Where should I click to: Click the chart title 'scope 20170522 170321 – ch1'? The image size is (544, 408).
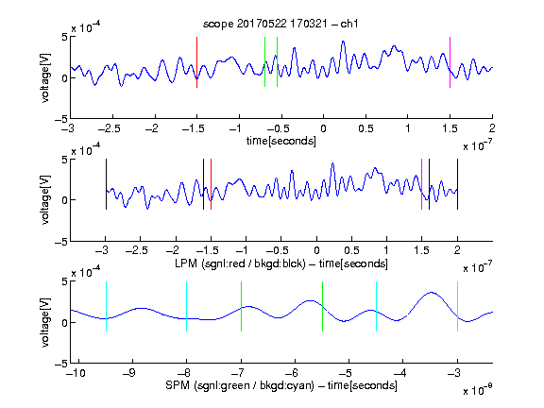280,24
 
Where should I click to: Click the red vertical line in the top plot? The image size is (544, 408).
196,62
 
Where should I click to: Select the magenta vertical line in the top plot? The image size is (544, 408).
450,62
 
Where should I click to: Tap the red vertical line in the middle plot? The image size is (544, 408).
211,184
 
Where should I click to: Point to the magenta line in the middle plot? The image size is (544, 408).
421,184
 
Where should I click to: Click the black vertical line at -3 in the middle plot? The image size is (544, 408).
106,184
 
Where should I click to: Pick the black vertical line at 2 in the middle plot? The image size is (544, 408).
457,184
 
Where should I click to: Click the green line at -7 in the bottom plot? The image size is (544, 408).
241,306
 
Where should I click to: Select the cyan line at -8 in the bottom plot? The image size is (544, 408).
187,306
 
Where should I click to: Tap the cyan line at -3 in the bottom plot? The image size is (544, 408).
457,306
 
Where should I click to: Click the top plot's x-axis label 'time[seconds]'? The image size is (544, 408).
281,141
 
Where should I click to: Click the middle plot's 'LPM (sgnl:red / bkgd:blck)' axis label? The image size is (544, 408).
240,263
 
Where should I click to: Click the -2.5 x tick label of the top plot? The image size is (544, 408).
110,128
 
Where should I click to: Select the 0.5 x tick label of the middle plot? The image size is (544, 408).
351,250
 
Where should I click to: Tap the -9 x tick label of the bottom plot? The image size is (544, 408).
129,373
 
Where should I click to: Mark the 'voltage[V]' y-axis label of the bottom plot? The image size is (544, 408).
45,322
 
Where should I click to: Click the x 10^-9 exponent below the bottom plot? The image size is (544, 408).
477,389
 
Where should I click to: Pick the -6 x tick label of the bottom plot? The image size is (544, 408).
292,373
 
